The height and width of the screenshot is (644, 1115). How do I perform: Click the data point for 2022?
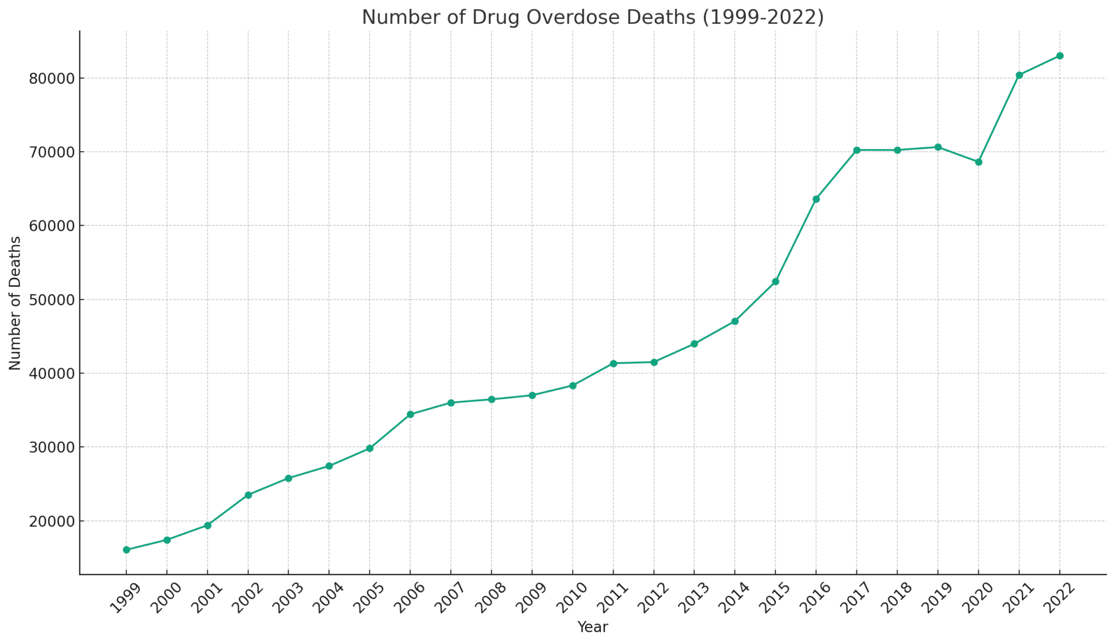click(1059, 56)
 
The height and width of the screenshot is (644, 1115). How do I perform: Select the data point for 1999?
click(126, 550)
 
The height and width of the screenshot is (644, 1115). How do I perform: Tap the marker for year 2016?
click(816, 199)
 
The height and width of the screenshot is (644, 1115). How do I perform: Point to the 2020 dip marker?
click(978, 162)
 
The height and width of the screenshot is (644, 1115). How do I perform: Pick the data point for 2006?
click(411, 414)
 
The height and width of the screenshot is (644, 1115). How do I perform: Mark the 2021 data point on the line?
click(1019, 75)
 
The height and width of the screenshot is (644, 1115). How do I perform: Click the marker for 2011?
click(613, 363)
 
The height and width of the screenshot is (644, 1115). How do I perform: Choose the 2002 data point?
click(248, 495)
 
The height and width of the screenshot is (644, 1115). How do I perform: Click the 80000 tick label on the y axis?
click(51, 78)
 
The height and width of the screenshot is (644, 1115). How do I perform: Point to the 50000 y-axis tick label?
click(51, 300)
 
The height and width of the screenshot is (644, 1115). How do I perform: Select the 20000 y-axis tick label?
click(51, 521)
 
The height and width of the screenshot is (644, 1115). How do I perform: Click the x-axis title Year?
click(592, 627)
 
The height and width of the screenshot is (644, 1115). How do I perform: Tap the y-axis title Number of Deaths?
click(15, 303)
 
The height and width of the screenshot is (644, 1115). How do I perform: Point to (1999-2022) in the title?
click(762, 17)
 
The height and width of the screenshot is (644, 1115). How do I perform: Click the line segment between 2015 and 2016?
click(796, 240)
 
